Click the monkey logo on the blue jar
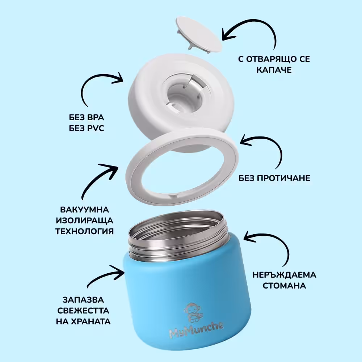[192, 313]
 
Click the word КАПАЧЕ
[274, 70]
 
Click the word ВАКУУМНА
[84, 210]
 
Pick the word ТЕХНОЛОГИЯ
[84, 231]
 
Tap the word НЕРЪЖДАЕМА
[284, 275]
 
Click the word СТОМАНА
[284, 286]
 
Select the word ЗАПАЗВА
[83, 300]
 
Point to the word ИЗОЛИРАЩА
[84, 220]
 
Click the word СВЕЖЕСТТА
[83, 311]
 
